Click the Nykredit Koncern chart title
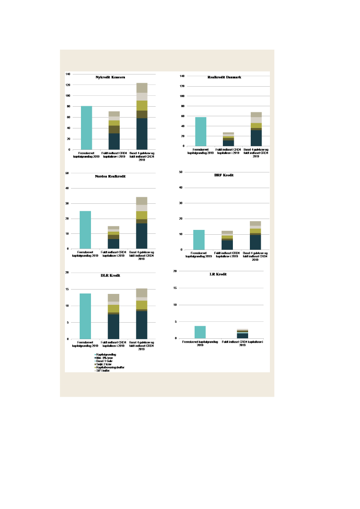[111, 77]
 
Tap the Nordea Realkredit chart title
[110, 176]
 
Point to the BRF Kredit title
[224, 175]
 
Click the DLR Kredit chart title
[110, 276]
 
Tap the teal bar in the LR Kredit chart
[200, 332]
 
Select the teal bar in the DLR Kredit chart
[85, 316]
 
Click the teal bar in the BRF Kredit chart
[199, 239]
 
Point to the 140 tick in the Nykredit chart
[68, 74]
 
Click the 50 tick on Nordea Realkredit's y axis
[67, 173]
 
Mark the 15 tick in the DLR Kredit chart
[67, 289]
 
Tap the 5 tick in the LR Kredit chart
[175, 322]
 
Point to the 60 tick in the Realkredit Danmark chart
[182, 116]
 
